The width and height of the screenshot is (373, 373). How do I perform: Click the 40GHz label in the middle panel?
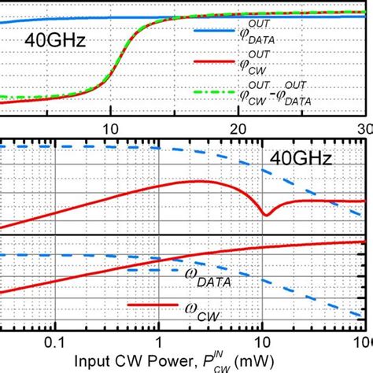click(301, 159)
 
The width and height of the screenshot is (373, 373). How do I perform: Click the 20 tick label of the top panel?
click(237, 127)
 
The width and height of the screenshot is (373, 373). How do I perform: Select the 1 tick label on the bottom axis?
click(159, 343)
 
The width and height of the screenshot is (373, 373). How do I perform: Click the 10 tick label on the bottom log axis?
click(262, 343)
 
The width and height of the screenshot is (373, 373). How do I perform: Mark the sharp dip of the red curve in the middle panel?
click(267, 214)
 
